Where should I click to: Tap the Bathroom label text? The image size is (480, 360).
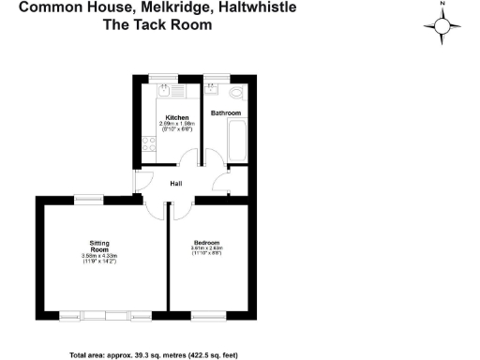[226, 113]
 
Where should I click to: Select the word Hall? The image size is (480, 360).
[175, 184]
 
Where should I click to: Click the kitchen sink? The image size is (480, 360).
[163, 92]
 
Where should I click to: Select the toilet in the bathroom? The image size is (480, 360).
[236, 93]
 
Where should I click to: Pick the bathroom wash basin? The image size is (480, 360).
[212, 91]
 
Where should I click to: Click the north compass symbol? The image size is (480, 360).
[442, 25]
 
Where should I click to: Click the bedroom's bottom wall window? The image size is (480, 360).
[208, 313]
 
